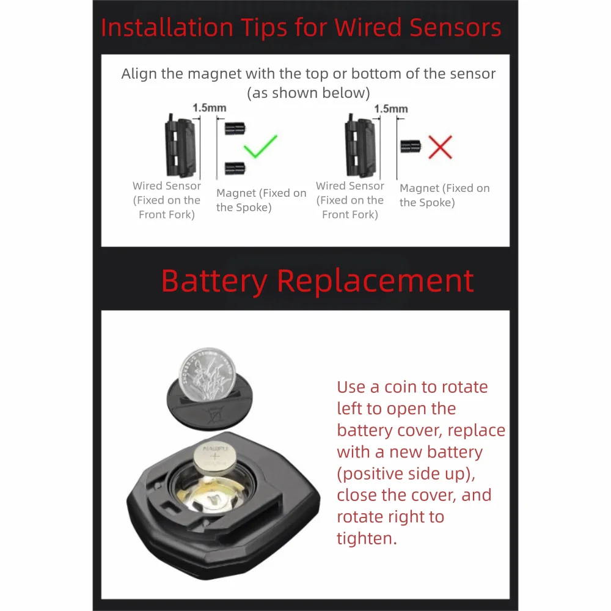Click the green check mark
[x=260, y=147]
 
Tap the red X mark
[x=441, y=147]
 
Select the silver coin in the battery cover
[x=207, y=375]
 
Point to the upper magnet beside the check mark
[x=235, y=128]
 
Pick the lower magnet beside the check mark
[x=235, y=169]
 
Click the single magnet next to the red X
[x=411, y=146]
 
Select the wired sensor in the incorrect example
[x=360, y=146]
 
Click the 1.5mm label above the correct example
[x=209, y=108]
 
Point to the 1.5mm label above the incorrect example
[x=391, y=109]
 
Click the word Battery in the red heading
[x=214, y=281]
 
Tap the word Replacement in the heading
[x=375, y=281]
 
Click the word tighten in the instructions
[x=367, y=539]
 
